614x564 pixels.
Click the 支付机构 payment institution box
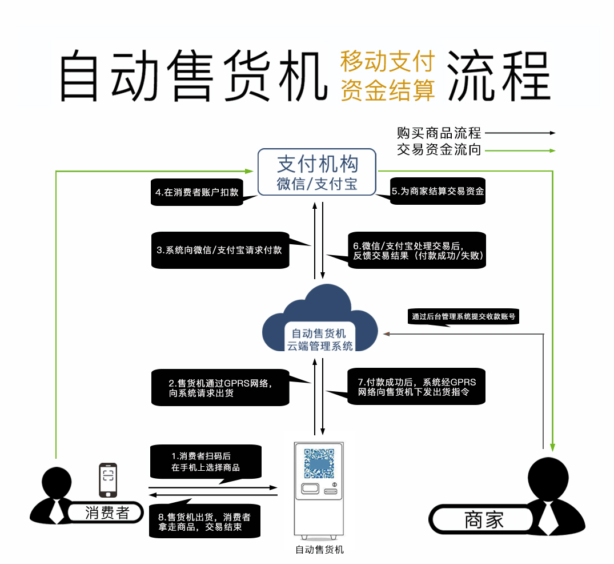click(x=317, y=172)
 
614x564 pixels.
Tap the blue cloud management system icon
click(x=320, y=319)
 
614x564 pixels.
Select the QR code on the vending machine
click(x=319, y=463)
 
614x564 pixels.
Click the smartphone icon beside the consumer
click(x=108, y=480)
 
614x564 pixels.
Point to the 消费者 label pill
click(x=106, y=512)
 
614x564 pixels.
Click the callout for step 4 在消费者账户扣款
click(x=197, y=192)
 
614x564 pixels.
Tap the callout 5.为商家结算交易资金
click(x=438, y=191)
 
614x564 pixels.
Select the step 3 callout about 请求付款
click(x=220, y=250)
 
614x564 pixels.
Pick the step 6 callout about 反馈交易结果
click(x=416, y=250)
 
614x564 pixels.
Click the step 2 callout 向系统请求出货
click(x=220, y=387)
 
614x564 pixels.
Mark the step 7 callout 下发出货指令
click(x=416, y=386)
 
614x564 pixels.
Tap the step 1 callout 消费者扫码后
click(x=206, y=462)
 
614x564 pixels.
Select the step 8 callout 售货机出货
click(x=204, y=521)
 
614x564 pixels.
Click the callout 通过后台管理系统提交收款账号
click(x=463, y=316)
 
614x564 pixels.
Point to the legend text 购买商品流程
click(x=439, y=133)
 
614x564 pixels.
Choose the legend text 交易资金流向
click(x=439, y=149)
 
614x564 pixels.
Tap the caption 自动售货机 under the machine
click(x=319, y=550)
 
